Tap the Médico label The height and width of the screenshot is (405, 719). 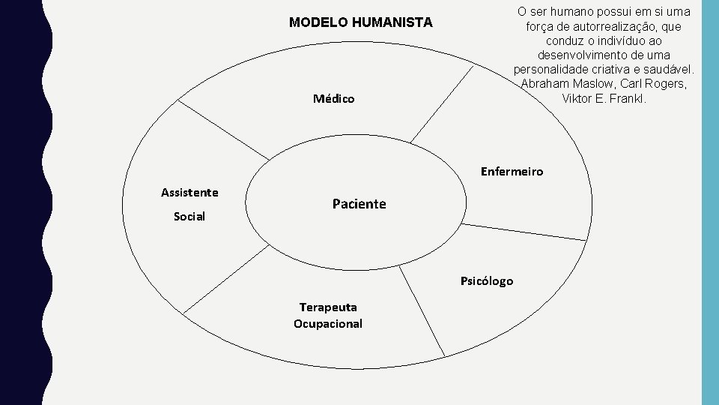click(x=334, y=99)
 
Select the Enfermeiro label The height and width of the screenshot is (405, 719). click(x=512, y=172)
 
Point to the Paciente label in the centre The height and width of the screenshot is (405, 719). click(x=359, y=204)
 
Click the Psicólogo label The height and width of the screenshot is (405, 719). click(x=487, y=281)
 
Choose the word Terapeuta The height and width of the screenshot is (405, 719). click(x=328, y=307)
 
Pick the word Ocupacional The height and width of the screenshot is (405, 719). click(x=328, y=324)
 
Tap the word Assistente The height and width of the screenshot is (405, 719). click(x=189, y=193)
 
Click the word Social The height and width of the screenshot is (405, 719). click(x=189, y=217)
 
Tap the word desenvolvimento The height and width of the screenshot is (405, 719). click(x=581, y=55)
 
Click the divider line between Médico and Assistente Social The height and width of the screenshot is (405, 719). click(x=224, y=130)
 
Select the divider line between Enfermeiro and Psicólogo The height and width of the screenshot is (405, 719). click(x=524, y=232)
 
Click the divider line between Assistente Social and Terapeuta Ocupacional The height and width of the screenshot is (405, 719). click(x=226, y=277)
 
